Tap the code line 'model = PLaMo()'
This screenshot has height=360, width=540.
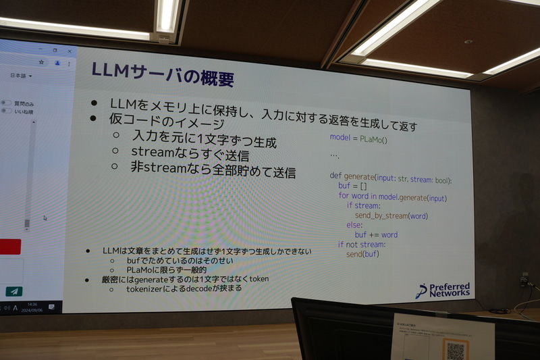[358, 137]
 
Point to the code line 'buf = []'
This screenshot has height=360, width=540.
[352, 186]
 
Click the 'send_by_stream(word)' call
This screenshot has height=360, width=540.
[391, 215]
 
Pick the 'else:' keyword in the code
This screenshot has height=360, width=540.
[354, 225]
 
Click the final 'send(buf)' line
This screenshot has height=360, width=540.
[363, 254]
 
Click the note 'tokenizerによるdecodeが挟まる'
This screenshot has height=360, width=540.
[184, 289]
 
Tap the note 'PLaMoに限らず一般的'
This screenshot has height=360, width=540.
[166, 270]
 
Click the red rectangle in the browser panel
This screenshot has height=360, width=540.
[10, 247]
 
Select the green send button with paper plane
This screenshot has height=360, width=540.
[13, 292]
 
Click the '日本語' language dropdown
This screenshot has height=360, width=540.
[20, 76]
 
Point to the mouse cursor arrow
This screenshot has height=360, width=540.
[45, 218]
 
